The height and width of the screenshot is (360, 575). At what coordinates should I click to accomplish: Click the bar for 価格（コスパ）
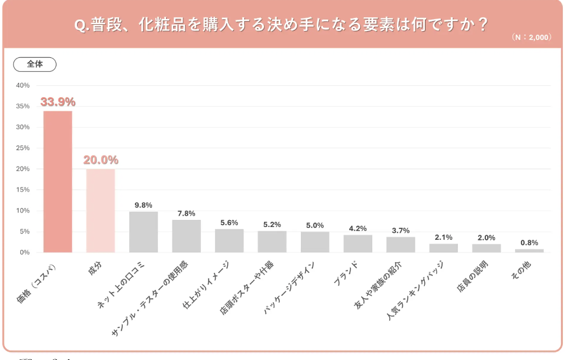click(x=57, y=181)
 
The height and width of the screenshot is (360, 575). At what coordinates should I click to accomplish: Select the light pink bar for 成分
click(x=100, y=211)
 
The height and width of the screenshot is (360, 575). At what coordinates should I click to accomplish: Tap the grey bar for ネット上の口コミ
click(x=143, y=232)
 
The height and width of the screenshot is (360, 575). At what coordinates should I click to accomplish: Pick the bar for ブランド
click(x=358, y=244)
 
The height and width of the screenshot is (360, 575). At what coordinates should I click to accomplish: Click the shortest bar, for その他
click(x=529, y=251)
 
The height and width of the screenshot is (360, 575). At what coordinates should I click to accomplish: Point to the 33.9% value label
click(x=58, y=102)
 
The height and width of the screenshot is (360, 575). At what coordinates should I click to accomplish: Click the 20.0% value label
click(x=100, y=160)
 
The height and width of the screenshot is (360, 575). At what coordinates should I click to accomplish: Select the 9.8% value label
click(x=143, y=205)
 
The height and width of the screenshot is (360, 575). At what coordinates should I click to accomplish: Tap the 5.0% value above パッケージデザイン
click(x=315, y=225)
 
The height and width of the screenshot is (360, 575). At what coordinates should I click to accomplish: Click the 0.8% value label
click(x=529, y=242)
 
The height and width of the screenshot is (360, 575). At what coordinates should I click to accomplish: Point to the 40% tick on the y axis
click(x=23, y=85)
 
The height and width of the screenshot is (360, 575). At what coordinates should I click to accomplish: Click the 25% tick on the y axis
click(x=23, y=148)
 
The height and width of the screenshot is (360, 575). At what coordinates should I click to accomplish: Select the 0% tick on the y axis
click(x=24, y=253)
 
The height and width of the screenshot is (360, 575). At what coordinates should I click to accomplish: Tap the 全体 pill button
click(x=35, y=64)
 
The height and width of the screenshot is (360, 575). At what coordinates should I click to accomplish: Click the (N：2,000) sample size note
click(x=531, y=38)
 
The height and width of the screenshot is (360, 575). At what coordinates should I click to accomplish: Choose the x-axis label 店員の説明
click(x=472, y=278)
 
